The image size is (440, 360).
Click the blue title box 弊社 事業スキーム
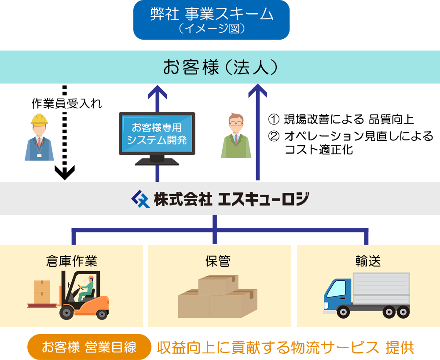point(211,20)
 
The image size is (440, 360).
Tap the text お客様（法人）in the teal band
point(220,67)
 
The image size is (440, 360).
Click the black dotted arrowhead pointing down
point(65,173)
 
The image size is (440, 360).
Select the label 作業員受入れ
point(66,103)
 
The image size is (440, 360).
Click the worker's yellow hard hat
point(39,119)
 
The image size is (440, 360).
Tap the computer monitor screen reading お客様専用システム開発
point(157,133)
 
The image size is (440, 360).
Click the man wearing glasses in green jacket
point(236,136)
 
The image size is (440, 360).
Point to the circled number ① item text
point(341,120)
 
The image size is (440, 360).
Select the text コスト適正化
point(319,150)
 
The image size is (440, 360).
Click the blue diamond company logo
point(141,198)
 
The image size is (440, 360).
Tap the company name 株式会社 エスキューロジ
point(231,199)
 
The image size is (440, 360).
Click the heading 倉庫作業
point(72,261)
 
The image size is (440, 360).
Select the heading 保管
point(218,261)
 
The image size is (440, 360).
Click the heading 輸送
point(368,261)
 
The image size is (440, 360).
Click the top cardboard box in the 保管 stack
point(218,285)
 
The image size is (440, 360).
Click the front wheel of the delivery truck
point(343,312)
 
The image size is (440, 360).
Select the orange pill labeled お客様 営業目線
point(89,347)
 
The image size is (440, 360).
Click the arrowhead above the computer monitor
point(158,92)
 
